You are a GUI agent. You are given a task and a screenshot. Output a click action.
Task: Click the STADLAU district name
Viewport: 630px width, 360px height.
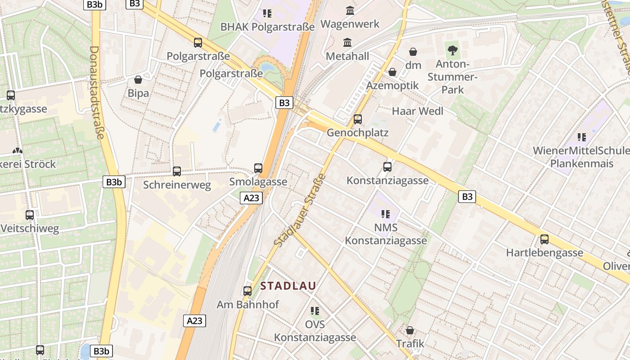(288, 286)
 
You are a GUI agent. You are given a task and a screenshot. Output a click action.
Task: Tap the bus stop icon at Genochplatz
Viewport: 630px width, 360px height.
(358, 119)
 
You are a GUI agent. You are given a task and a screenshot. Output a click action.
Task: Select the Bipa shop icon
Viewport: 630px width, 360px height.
(138, 80)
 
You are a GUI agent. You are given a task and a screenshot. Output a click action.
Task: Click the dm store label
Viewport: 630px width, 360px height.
(413, 65)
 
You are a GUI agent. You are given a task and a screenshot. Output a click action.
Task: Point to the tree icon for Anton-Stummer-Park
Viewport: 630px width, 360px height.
(452, 50)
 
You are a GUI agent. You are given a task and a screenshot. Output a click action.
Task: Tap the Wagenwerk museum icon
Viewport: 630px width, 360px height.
(350, 10)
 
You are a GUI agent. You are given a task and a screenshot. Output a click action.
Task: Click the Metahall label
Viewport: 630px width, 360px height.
(347, 56)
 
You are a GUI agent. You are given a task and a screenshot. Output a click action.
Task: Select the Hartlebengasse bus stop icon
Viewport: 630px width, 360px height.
(544, 239)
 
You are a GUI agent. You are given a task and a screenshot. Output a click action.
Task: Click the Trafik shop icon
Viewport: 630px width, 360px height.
(409, 330)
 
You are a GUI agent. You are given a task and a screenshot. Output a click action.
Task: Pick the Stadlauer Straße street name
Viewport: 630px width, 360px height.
(299, 210)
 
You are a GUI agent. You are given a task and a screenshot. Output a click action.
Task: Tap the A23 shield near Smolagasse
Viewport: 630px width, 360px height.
(251, 198)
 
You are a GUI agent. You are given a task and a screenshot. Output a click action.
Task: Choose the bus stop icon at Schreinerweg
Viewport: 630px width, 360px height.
(177, 171)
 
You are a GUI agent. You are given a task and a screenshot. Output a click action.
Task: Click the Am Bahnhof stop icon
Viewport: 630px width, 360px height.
(247, 291)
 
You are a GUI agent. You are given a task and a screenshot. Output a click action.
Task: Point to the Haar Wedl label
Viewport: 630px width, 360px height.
(418, 111)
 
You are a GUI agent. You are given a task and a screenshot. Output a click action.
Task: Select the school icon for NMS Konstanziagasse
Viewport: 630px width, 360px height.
(386, 214)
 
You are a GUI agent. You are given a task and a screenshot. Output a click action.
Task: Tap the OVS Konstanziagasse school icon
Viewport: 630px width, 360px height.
(315, 310)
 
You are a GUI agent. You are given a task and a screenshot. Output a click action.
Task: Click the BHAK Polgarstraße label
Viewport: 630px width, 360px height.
(267, 27)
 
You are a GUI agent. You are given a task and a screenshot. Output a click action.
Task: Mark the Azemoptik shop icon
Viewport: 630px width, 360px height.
(392, 72)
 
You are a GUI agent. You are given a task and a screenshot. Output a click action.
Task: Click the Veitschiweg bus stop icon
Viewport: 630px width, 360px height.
(30, 215)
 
